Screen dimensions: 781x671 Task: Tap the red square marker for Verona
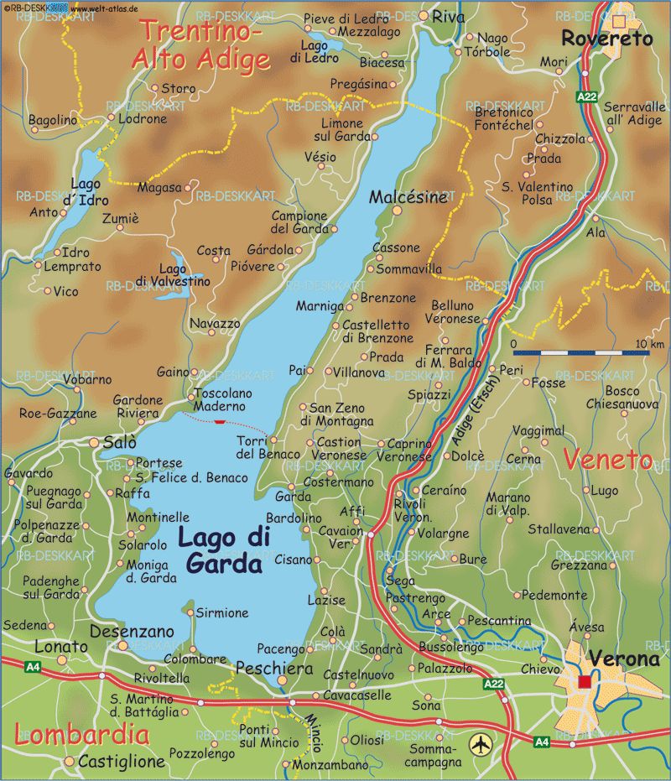tap(585, 681)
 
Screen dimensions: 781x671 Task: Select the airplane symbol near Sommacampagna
tap(480, 743)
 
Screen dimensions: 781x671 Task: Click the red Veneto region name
tap(607, 460)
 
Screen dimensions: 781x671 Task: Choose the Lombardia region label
tap(82, 736)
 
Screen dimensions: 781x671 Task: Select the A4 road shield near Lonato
tap(33, 667)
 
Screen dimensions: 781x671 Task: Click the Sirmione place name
tap(222, 613)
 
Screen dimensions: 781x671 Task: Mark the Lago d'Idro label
tap(86, 190)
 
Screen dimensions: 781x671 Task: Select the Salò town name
tap(119, 442)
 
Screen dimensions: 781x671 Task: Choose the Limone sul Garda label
tap(336, 128)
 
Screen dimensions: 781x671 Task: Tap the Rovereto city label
tap(606, 39)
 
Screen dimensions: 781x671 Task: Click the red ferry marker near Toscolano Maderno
tap(220, 421)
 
